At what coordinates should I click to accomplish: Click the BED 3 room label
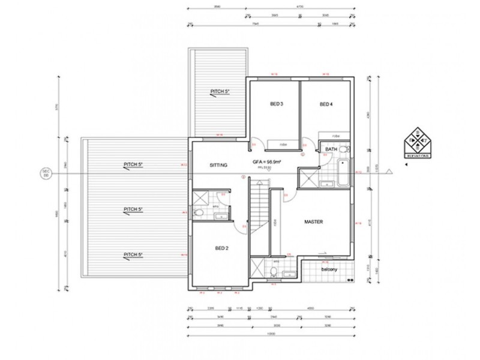pyautogui.click(x=276, y=104)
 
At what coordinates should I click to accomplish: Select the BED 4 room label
pyautogui.click(x=326, y=104)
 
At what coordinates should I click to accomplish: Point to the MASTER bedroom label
pyautogui.click(x=314, y=221)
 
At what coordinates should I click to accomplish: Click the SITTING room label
pyautogui.click(x=218, y=165)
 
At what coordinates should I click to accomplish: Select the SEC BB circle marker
pyautogui.click(x=45, y=173)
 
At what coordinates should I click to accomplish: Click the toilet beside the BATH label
pyautogui.click(x=344, y=148)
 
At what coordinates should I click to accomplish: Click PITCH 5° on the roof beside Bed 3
pyautogui.click(x=220, y=92)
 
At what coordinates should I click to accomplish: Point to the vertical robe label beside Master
pyautogui.click(x=275, y=222)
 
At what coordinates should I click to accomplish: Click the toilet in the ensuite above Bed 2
pyautogui.click(x=199, y=212)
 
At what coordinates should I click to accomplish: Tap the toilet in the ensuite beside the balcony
pyautogui.click(x=274, y=272)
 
